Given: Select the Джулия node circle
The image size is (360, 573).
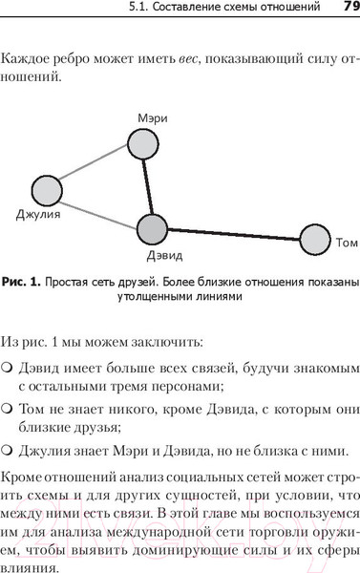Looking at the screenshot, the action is click(x=47, y=190).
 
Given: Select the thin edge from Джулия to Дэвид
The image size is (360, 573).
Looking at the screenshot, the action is click(x=99, y=210).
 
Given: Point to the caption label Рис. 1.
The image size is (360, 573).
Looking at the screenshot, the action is click(x=20, y=282).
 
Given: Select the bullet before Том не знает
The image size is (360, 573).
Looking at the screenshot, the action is click(x=7, y=410).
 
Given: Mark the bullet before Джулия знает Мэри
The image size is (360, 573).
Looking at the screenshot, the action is click(x=7, y=450).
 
